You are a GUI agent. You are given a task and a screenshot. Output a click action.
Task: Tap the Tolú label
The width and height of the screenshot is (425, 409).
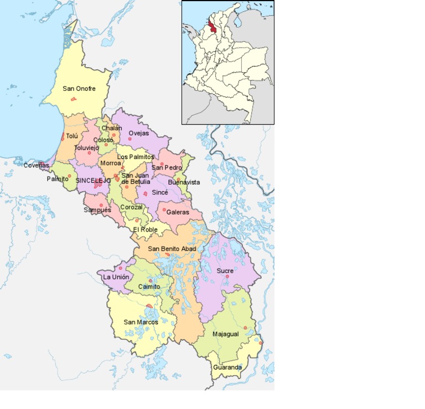click(72, 136)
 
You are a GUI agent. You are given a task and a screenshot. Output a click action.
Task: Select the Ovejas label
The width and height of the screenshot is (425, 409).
click(138, 133)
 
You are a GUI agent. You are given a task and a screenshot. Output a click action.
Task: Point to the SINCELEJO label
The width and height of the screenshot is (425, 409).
click(94, 180)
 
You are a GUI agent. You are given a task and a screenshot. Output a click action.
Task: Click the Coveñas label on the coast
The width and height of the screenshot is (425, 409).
click(36, 165)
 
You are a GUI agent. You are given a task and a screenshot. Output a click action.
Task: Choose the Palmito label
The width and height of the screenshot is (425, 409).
click(58, 179)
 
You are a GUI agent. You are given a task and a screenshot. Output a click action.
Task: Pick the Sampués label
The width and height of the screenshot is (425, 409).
click(97, 210)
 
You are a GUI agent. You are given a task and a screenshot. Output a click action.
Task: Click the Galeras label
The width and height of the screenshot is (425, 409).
click(178, 212)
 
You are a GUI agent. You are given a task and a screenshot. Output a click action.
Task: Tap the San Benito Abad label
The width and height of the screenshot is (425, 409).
click(172, 249)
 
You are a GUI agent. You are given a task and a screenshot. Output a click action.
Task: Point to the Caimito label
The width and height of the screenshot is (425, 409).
click(149, 287)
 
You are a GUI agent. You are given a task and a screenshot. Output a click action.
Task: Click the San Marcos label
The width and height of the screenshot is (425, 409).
click(141, 322)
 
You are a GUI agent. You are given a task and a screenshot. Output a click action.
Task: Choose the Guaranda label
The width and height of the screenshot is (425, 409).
click(227, 367)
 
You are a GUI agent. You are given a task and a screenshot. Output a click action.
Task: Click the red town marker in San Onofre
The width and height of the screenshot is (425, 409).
click(73, 99)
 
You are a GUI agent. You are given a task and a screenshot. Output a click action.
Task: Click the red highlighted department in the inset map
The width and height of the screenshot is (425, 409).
click(213, 28)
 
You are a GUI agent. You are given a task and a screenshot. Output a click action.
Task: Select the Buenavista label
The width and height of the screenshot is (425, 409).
click(184, 182)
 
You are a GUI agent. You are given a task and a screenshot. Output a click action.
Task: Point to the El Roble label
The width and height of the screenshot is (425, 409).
click(145, 229)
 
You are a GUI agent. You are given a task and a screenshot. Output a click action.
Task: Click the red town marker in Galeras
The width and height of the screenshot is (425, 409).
click(164, 209)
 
